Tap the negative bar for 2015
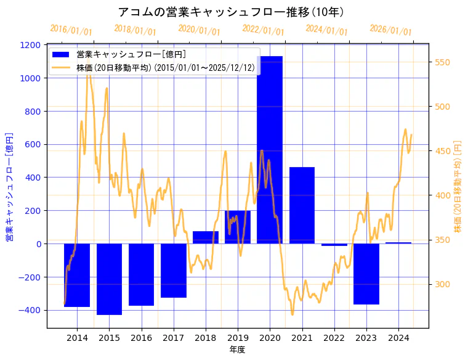click(x=109, y=279)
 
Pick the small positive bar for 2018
click(x=206, y=237)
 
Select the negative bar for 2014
click(x=77, y=275)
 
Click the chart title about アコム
click(x=230, y=12)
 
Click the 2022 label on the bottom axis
click(x=334, y=338)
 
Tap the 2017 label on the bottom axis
click(x=174, y=338)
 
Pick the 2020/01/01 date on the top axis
click(x=199, y=30)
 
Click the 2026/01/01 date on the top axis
click(x=390, y=30)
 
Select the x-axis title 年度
click(x=237, y=350)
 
